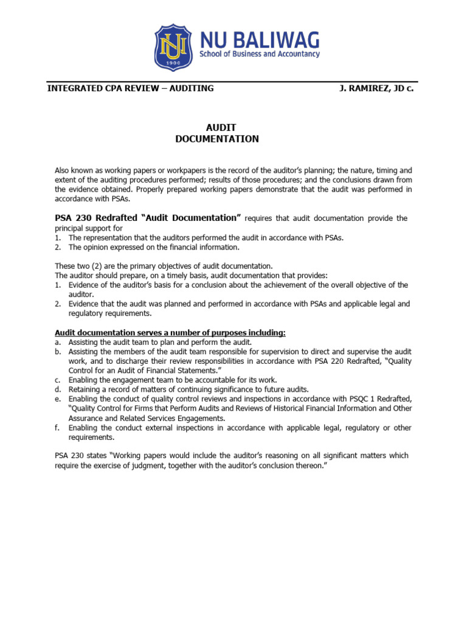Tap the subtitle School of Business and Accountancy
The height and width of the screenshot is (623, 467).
tap(260, 54)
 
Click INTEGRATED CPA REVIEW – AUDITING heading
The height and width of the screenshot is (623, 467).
tap(131, 88)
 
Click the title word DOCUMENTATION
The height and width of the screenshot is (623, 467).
tap(217, 139)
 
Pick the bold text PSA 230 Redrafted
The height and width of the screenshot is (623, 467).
tap(95, 218)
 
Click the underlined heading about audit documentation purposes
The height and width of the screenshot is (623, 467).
tap(170, 333)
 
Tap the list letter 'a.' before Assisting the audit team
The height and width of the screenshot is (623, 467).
tap(58, 343)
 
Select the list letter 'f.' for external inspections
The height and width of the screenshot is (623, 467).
tap(58, 428)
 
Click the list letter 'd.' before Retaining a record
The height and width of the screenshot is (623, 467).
tap(58, 389)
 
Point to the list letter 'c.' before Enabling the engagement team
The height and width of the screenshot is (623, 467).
tap(58, 380)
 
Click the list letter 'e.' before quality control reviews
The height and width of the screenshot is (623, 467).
tap(58, 399)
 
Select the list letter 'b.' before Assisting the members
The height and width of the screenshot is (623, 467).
tap(58, 352)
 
